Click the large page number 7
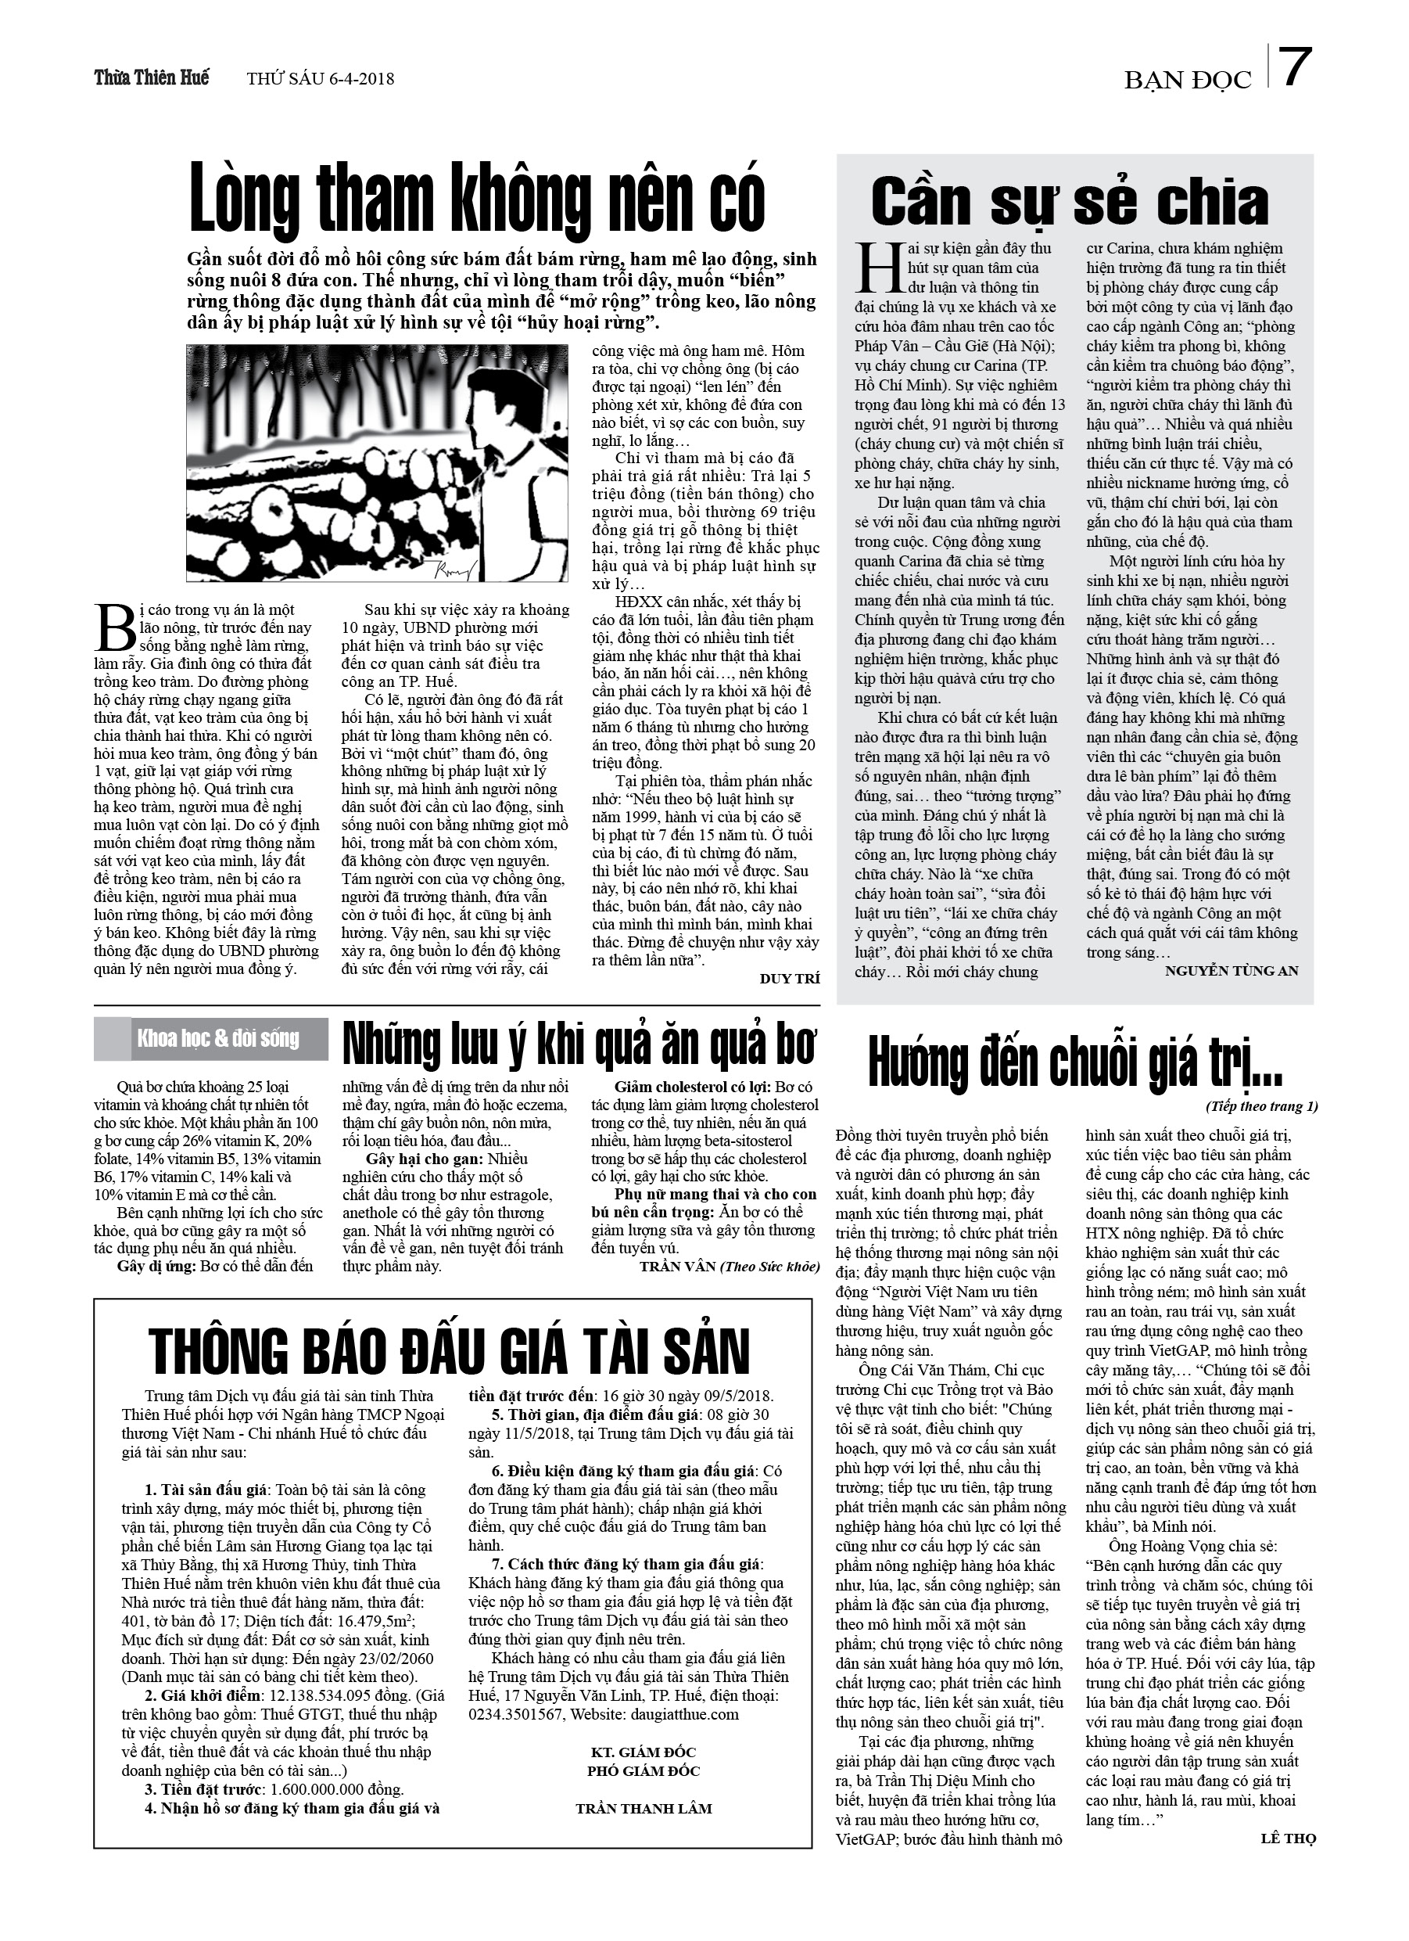(x=1296, y=69)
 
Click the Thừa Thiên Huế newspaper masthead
(x=152, y=77)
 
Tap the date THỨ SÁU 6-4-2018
(x=321, y=79)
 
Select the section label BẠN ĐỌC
(x=1188, y=80)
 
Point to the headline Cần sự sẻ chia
(x=1070, y=203)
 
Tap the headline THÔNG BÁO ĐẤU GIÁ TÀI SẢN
(x=449, y=1352)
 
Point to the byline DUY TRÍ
(x=789, y=978)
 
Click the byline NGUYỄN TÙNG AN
(x=1231, y=969)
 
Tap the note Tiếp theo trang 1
(x=1262, y=1105)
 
